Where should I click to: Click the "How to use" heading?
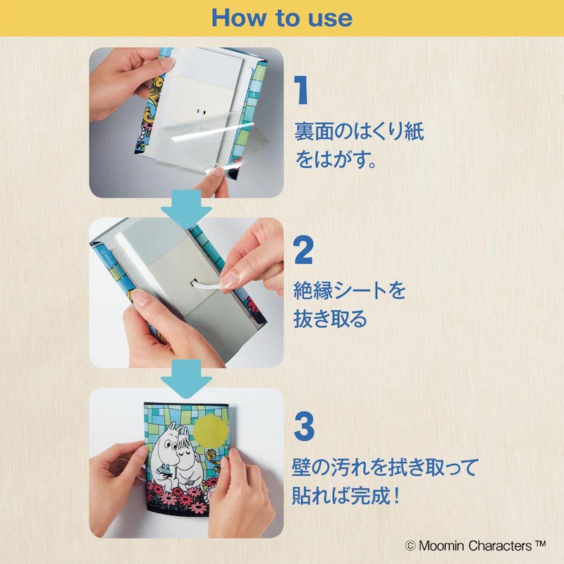[x=281, y=18]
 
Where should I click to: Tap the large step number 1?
[x=302, y=90]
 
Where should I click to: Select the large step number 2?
[x=303, y=251]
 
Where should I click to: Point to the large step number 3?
[x=304, y=427]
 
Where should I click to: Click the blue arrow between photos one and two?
[x=186, y=209]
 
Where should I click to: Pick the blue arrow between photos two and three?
[x=186, y=379]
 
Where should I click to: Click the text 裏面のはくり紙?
[x=359, y=131]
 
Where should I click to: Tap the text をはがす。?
[x=336, y=159]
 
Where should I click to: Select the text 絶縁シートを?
[x=350, y=290]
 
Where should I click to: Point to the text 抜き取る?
[x=330, y=319]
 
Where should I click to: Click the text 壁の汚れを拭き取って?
[x=386, y=467]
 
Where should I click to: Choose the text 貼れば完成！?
[x=346, y=495]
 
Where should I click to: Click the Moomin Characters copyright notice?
[x=475, y=545]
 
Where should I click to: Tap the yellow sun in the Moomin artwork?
[x=211, y=431]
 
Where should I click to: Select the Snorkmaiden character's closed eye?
[x=186, y=445]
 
